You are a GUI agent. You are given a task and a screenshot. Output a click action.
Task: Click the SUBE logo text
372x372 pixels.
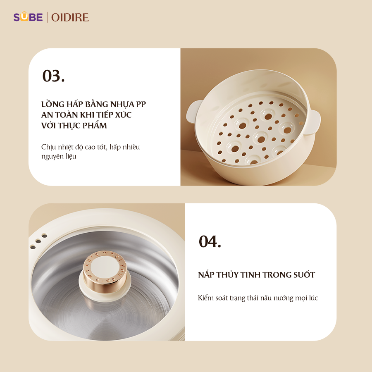(x=28, y=17)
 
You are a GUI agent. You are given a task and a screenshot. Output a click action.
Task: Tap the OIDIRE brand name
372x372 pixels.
(x=70, y=17)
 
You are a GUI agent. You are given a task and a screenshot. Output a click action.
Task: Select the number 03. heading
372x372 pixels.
(x=53, y=76)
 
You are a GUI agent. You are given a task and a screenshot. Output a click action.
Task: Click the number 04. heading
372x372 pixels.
(x=210, y=242)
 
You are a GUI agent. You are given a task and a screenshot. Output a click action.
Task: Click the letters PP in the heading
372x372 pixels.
(x=141, y=104)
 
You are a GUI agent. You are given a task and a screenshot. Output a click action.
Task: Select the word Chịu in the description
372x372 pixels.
(x=48, y=147)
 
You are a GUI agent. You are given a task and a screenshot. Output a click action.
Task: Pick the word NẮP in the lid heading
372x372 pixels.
(x=207, y=274)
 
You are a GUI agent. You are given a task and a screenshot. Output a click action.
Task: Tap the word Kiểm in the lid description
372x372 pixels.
(x=207, y=298)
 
